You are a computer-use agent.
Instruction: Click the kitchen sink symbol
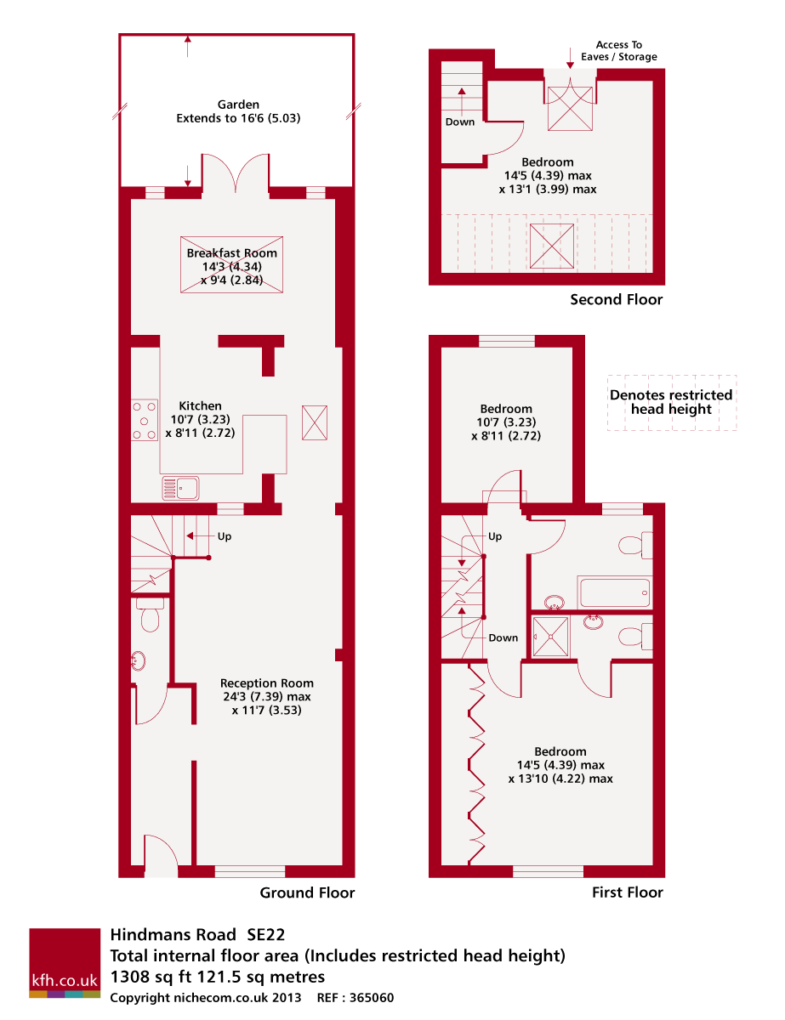pos(180,487)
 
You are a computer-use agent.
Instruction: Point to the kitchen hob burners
pos(145,420)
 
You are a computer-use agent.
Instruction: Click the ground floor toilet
pos(151,615)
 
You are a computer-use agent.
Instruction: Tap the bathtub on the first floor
pos(615,592)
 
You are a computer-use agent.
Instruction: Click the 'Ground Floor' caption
pos(307,892)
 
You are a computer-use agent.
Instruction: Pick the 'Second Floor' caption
pos(616,299)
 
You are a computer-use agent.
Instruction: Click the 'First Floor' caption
pos(627,892)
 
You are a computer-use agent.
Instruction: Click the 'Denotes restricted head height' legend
pos(671,402)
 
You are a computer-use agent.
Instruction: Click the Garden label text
pos(238,111)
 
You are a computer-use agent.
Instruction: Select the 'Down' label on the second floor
pos(460,122)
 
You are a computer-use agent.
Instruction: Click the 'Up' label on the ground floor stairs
pos(225,536)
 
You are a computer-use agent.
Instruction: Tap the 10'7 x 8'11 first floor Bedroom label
pos(506,422)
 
